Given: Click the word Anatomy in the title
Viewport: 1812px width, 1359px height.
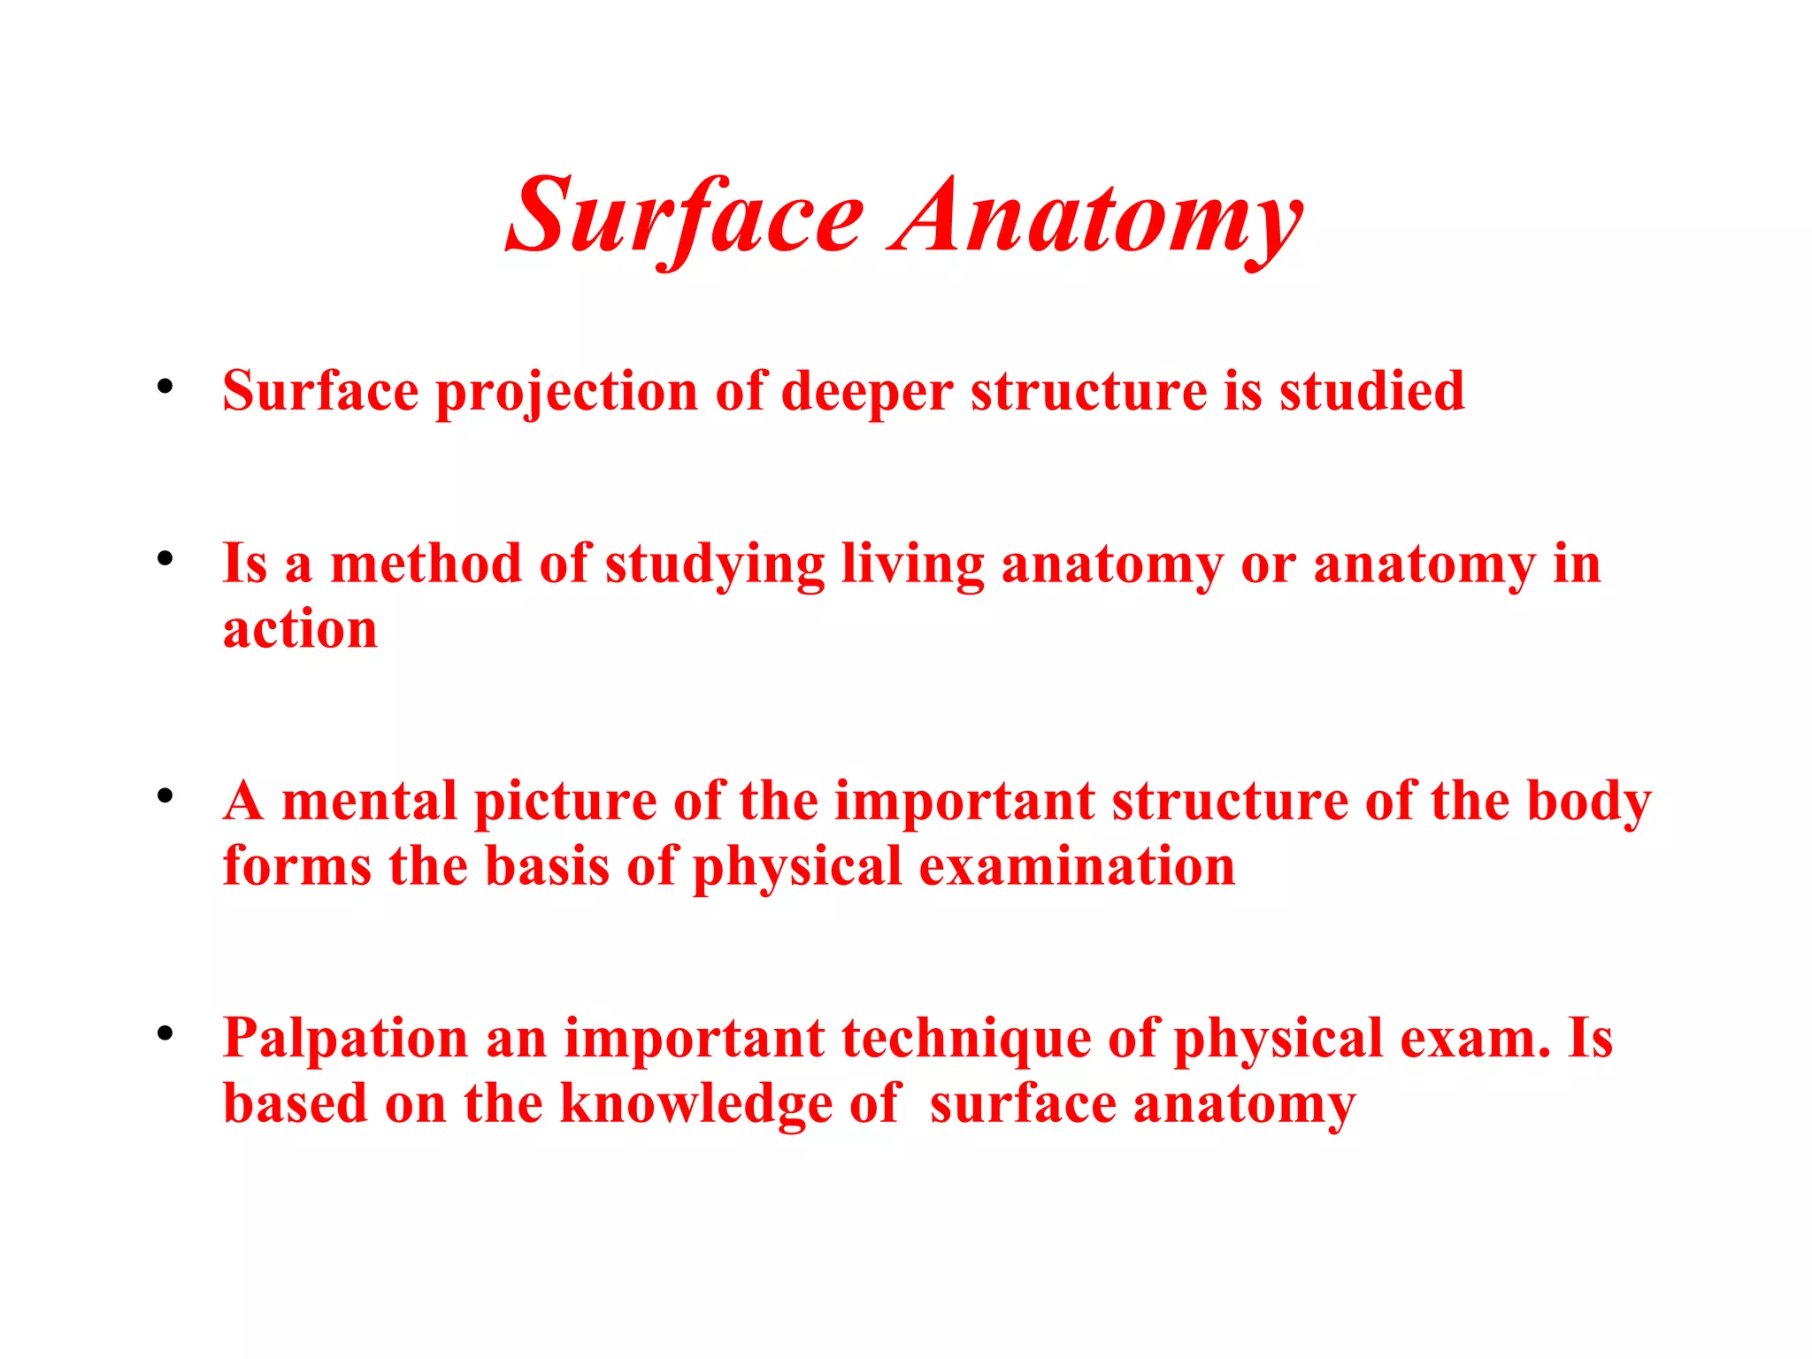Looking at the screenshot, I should pos(1098,218).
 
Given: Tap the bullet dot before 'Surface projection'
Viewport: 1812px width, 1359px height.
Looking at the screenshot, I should pos(165,387).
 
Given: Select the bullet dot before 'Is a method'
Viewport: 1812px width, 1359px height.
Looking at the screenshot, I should pos(165,558).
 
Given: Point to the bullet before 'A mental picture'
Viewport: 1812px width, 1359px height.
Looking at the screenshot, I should pos(165,795).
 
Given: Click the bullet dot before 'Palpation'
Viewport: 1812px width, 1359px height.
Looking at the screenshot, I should pos(165,1033).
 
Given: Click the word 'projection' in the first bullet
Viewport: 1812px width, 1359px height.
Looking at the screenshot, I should pos(566,392).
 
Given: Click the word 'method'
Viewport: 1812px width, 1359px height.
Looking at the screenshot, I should pos(426,564).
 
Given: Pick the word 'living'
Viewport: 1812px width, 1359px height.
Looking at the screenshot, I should pos(912,565).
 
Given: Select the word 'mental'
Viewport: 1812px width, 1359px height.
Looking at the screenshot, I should pos(369,801).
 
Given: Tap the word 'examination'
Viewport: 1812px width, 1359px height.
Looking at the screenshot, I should pos(1077,866).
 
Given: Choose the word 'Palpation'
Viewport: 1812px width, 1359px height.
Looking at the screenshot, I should pos(345,1040).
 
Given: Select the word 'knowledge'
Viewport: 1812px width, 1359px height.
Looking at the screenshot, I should pos(696,1105).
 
